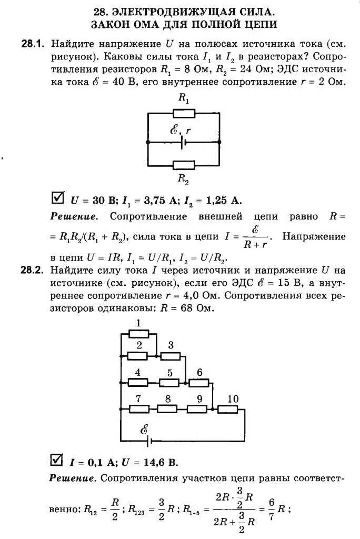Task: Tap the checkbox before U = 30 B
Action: coord(57,198)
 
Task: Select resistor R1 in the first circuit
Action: coord(184,113)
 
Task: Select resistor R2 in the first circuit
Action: coord(184,165)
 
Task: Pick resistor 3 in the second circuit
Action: coord(170,356)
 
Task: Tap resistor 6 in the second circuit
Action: coord(199,383)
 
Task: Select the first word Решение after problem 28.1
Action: coord(74,216)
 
